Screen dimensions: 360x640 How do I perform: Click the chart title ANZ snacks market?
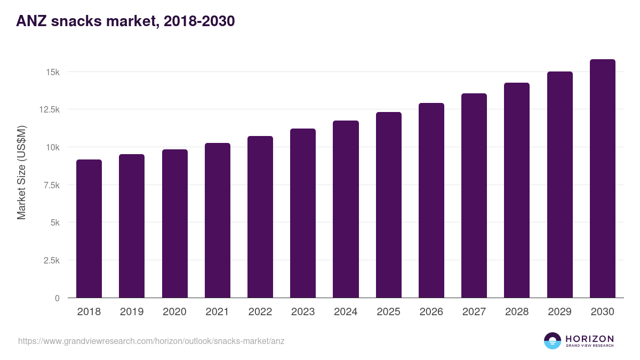(x=125, y=21)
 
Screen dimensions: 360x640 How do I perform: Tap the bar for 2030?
(x=602, y=179)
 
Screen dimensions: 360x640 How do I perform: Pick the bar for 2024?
(x=346, y=209)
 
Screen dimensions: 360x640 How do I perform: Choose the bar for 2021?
(x=218, y=220)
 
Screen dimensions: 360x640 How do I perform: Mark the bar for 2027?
(x=474, y=196)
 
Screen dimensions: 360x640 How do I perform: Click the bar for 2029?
(x=559, y=185)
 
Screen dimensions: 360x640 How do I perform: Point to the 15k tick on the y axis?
(x=52, y=72)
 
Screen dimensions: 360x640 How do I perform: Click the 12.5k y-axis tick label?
(x=48, y=109)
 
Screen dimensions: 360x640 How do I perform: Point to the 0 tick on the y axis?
(x=57, y=298)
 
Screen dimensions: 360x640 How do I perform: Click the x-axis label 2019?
(x=132, y=312)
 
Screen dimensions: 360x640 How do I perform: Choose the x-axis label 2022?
(x=260, y=312)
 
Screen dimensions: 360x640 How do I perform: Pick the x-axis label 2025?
(x=388, y=312)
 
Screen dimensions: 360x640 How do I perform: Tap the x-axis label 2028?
(x=517, y=312)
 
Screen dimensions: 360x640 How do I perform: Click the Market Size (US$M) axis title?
(x=21, y=172)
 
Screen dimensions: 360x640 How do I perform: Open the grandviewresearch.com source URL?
(x=151, y=341)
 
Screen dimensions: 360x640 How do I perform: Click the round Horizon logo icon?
(x=553, y=341)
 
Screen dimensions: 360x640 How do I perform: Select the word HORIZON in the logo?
(x=589, y=338)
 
